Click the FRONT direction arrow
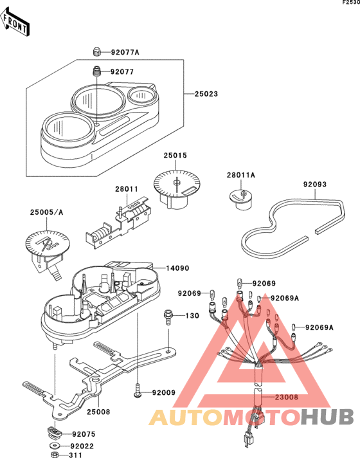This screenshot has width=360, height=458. (x=15, y=23)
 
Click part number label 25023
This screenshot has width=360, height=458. (x=206, y=94)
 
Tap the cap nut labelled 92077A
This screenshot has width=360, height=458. (x=96, y=51)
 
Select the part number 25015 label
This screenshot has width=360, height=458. (x=175, y=156)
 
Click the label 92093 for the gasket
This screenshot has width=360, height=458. (x=315, y=185)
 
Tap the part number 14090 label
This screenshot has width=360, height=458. (x=177, y=268)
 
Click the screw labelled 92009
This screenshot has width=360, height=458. (x=137, y=390)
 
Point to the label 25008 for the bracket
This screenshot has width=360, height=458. (x=98, y=412)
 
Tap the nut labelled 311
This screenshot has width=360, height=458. (x=55, y=455)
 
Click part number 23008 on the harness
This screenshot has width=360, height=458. (x=287, y=397)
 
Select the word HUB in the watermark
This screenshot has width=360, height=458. (x=327, y=417)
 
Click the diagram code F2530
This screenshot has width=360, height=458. (x=351, y=3)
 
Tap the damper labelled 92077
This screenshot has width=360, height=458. (x=96, y=71)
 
